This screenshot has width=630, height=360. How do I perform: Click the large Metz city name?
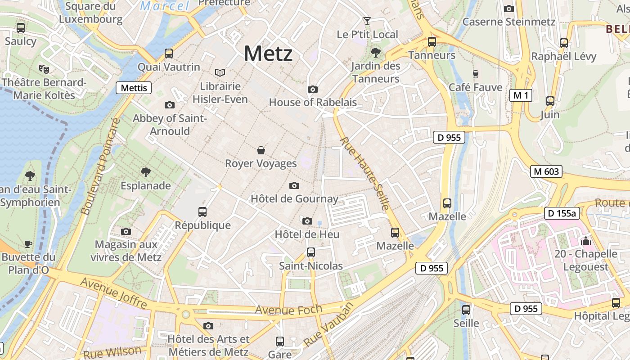click(x=268, y=54)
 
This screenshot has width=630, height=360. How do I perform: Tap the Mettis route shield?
click(x=134, y=88)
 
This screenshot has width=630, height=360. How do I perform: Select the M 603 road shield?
click(x=546, y=171)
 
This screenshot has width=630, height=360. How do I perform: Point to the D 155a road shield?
click(x=562, y=213)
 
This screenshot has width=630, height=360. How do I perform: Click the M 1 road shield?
click(x=521, y=95)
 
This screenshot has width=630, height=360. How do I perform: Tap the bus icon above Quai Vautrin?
click(x=169, y=54)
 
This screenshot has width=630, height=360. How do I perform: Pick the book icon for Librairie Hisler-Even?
click(x=220, y=72)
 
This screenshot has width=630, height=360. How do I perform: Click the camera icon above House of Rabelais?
click(x=313, y=89)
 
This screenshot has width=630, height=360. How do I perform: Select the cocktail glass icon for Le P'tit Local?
click(x=367, y=21)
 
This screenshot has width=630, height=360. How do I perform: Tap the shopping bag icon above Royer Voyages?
click(x=261, y=150)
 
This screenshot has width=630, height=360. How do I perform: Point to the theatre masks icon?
click(x=44, y=69)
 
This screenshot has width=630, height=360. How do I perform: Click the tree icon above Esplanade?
click(x=145, y=172)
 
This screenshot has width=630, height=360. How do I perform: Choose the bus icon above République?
click(x=202, y=211)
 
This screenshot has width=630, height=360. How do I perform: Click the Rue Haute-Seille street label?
click(x=364, y=174)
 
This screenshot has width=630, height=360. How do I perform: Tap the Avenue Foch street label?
click(x=289, y=310)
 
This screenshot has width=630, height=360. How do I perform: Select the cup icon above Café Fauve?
click(x=475, y=74)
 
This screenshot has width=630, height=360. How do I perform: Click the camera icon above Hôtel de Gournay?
click(x=294, y=185)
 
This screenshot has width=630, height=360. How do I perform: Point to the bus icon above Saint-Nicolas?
click(x=311, y=252)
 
